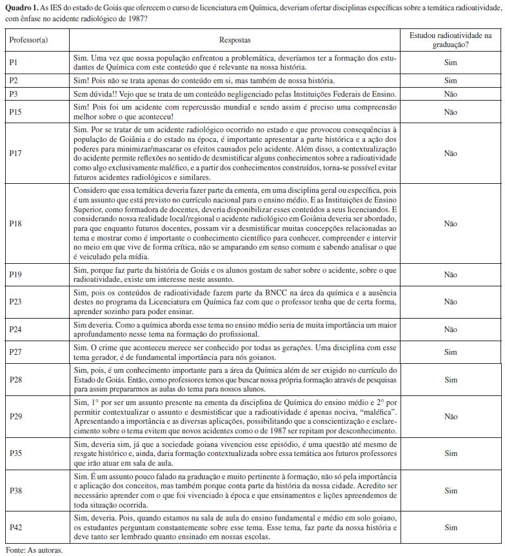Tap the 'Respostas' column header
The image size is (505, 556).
(x=235, y=40)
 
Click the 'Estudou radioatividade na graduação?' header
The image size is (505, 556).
(x=450, y=40)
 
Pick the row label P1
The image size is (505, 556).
(x=14, y=63)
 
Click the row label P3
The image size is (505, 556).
(x=14, y=94)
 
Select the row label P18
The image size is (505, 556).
(x=16, y=223)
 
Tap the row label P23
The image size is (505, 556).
(x=16, y=301)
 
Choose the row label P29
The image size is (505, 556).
(x=16, y=417)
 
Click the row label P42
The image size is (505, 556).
(x=16, y=528)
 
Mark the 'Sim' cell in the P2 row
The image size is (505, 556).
(x=450, y=81)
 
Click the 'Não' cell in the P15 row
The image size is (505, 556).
(x=450, y=112)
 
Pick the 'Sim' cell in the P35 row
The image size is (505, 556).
(x=450, y=453)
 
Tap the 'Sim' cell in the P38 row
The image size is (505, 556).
(x=450, y=490)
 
